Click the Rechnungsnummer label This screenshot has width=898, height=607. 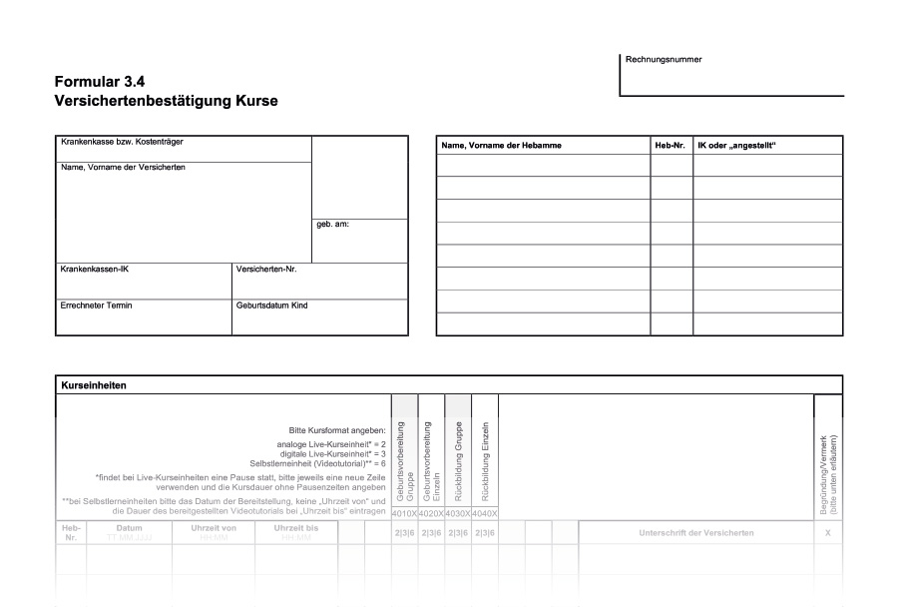(664, 60)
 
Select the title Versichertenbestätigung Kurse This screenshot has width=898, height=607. (167, 101)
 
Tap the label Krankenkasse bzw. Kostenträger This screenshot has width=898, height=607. (122, 142)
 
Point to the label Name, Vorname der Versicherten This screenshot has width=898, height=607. (123, 168)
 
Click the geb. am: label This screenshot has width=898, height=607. (332, 224)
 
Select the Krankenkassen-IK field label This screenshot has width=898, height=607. (95, 270)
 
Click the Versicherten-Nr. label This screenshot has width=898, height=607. (266, 270)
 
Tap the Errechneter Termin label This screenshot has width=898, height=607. (97, 305)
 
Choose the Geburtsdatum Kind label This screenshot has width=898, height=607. (271, 305)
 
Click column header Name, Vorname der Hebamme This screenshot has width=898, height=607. (501, 146)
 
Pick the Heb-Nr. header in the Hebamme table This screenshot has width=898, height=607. (670, 146)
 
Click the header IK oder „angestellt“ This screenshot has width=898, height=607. (736, 146)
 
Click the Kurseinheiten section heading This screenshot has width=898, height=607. (94, 384)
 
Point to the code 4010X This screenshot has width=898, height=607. (404, 513)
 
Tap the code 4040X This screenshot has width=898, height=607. (484, 513)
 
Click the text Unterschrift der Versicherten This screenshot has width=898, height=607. (696, 533)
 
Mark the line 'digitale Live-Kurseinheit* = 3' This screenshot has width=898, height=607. (330, 453)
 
